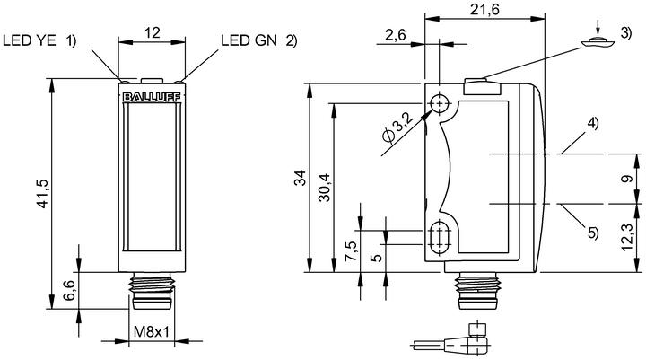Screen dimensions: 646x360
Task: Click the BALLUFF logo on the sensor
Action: [x=152, y=97]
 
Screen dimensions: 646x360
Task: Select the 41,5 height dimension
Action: [x=43, y=193]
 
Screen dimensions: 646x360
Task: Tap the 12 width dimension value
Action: [x=152, y=32]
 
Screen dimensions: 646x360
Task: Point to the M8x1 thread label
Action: [x=152, y=331]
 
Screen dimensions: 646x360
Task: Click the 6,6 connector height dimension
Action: [x=69, y=290]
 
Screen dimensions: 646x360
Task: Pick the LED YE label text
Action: [x=29, y=40]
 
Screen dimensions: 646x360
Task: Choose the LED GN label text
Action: [x=249, y=40]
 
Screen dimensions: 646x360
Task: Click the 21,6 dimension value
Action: [x=484, y=9]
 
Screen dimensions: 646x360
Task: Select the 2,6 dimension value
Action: [x=396, y=35]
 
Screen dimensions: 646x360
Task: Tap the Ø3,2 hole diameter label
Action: [x=397, y=128]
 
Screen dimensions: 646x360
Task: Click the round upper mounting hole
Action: [x=440, y=103]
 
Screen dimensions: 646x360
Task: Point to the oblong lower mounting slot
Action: [x=440, y=239]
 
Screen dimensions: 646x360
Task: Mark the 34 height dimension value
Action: [x=302, y=178]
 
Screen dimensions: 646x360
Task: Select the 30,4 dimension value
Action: [x=326, y=188]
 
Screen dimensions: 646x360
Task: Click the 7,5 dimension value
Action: [x=351, y=251]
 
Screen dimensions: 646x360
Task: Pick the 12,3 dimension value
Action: [x=627, y=237]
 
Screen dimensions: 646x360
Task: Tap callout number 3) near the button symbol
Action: [x=625, y=33]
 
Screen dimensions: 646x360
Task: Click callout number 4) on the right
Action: [x=593, y=123]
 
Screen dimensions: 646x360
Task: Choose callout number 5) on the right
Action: [x=593, y=233]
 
